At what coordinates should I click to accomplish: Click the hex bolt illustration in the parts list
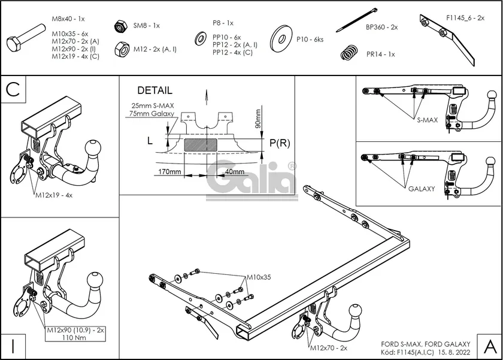pos(25,40)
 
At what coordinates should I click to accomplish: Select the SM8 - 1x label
pos(146,26)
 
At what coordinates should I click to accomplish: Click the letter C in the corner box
pos(14,89)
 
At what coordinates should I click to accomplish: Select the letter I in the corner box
pos(13,346)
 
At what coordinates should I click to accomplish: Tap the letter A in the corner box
pos(489,346)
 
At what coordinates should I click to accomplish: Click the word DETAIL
pos(154,91)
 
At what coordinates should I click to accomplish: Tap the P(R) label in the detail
pos(280,143)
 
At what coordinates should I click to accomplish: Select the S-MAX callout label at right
pos(428,120)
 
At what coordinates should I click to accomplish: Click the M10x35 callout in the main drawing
pos(259,277)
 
